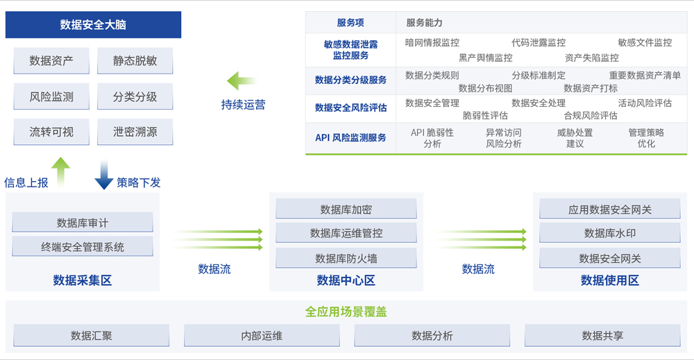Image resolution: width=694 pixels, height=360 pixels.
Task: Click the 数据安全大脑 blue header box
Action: pyautogui.click(x=93, y=25)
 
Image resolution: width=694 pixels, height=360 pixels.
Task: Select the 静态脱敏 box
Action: pyautogui.click(x=135, y=60)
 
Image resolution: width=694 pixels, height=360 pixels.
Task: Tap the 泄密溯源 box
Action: pyautogui.click(x=135, y=132)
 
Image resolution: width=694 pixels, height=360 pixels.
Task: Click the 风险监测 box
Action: pyautogui.click(x=51, y=96)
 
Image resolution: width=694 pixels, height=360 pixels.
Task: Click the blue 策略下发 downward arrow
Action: pyautogui.click(x=104, y=175)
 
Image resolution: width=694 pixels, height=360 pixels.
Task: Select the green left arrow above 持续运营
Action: pyautogui.click(x=242, y=81)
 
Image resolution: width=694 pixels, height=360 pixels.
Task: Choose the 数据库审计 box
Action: pyautogui.click(x=83, y=223)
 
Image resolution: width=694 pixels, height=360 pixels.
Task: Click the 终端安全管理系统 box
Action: pyautogui.click(x=83, y=247)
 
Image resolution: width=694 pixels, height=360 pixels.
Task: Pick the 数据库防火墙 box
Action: pyautogui.click(x=346, y=258)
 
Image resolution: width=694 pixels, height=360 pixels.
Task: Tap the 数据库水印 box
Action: pyautogui.click(x=610, y=233)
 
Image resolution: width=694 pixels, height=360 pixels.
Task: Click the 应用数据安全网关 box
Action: pyautogui.click(x=610, y=209)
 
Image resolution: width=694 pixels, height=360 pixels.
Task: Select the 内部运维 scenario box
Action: pyautogui.click(x=262, y=336)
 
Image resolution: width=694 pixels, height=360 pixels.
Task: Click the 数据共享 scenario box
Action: pyautogui.click(x=602, y=336)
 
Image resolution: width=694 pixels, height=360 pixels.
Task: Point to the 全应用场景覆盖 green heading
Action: pyautogui.click(x=346, y=312)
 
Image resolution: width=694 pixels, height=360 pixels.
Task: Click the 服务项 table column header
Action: pyautogui.click(x=350, y=23)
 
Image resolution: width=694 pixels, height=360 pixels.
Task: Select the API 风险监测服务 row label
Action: pyautogui.click(x=350, y=137)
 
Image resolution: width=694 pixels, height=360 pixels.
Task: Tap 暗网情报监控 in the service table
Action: pyautogui.click(x=432, y=42)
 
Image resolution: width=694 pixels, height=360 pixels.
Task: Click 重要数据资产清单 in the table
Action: pyautogui.click(x=645, y=75)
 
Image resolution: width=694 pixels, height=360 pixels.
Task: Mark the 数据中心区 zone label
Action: pyautogui.click(x=346, y=280)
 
